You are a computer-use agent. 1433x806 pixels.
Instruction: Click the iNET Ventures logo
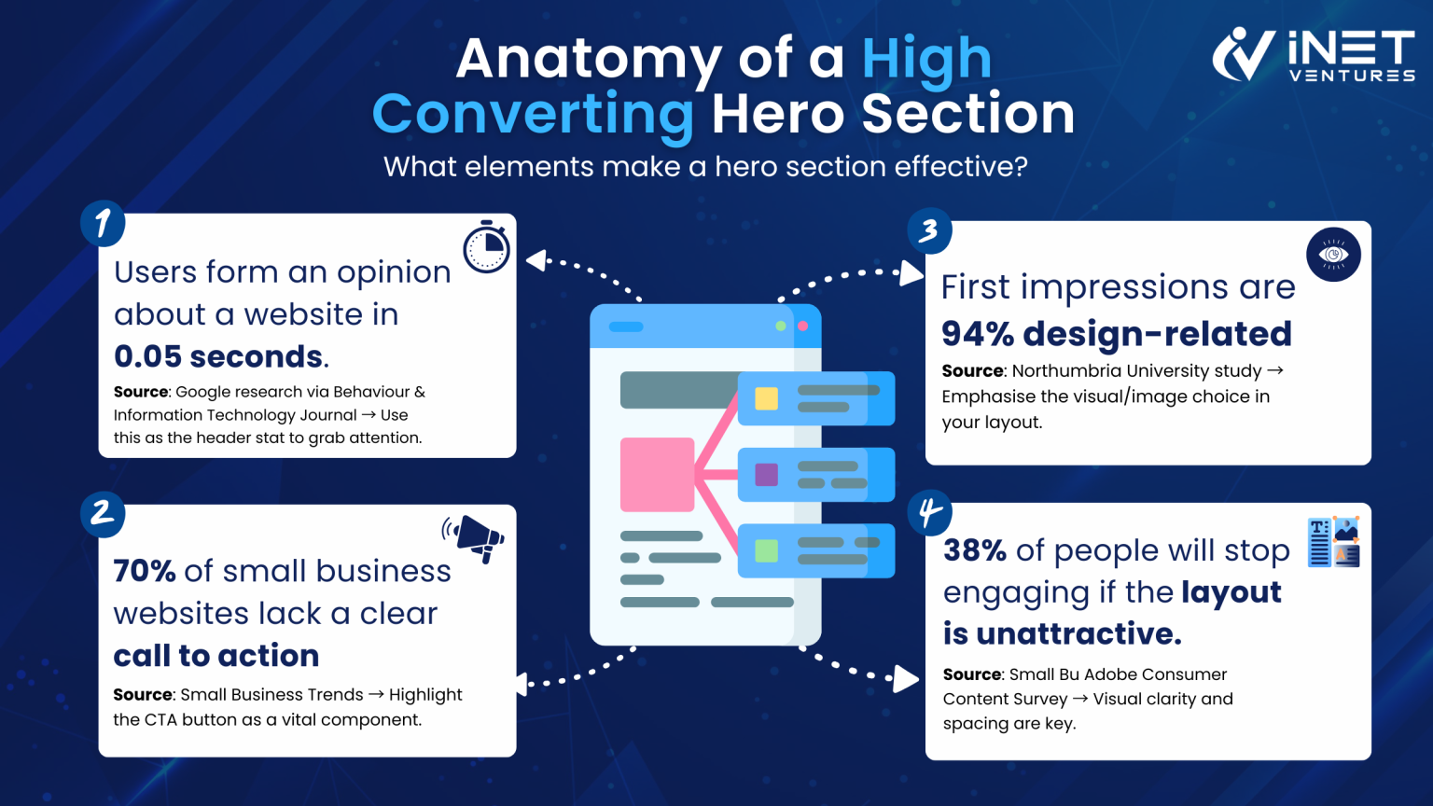pos(1313,55)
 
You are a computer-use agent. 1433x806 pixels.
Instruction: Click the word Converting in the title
pos(533,115)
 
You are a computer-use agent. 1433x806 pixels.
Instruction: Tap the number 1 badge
pos(103,224)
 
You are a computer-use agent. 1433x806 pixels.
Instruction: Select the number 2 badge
pos(103,514)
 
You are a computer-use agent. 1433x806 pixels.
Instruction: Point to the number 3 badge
pos(929,231)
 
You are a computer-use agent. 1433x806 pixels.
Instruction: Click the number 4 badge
pos(930,513)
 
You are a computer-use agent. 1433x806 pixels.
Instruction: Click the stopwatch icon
pos(486,248)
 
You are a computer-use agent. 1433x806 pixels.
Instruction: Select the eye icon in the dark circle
pos(1333,255)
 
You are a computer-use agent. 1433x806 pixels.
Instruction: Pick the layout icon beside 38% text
pos(1333,542)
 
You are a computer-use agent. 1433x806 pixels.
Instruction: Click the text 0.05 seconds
pos(219,356)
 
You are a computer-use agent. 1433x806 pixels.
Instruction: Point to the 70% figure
pos(145,571)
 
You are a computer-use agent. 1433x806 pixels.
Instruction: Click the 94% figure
pos(977,334)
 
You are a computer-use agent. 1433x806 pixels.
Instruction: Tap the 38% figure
pos(975,550)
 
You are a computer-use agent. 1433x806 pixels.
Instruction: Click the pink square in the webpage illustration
pos(657,474)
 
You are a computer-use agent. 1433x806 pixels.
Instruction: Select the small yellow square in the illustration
pos(766,398)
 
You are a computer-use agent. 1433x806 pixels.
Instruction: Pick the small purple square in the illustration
pos(766,475)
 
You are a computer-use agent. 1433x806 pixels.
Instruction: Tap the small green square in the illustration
pos(766,550)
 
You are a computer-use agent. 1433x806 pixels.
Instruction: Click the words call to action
pos(216,656)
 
